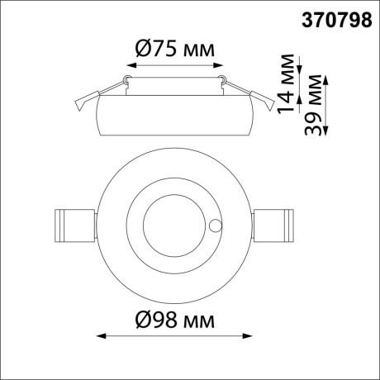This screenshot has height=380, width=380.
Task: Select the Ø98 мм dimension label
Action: coord(173,320)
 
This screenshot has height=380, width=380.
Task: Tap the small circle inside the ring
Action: coord(216,225)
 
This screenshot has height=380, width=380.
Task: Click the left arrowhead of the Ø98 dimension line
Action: coord(102,336)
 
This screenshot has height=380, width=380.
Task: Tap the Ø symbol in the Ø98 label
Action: coord(139,320)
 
